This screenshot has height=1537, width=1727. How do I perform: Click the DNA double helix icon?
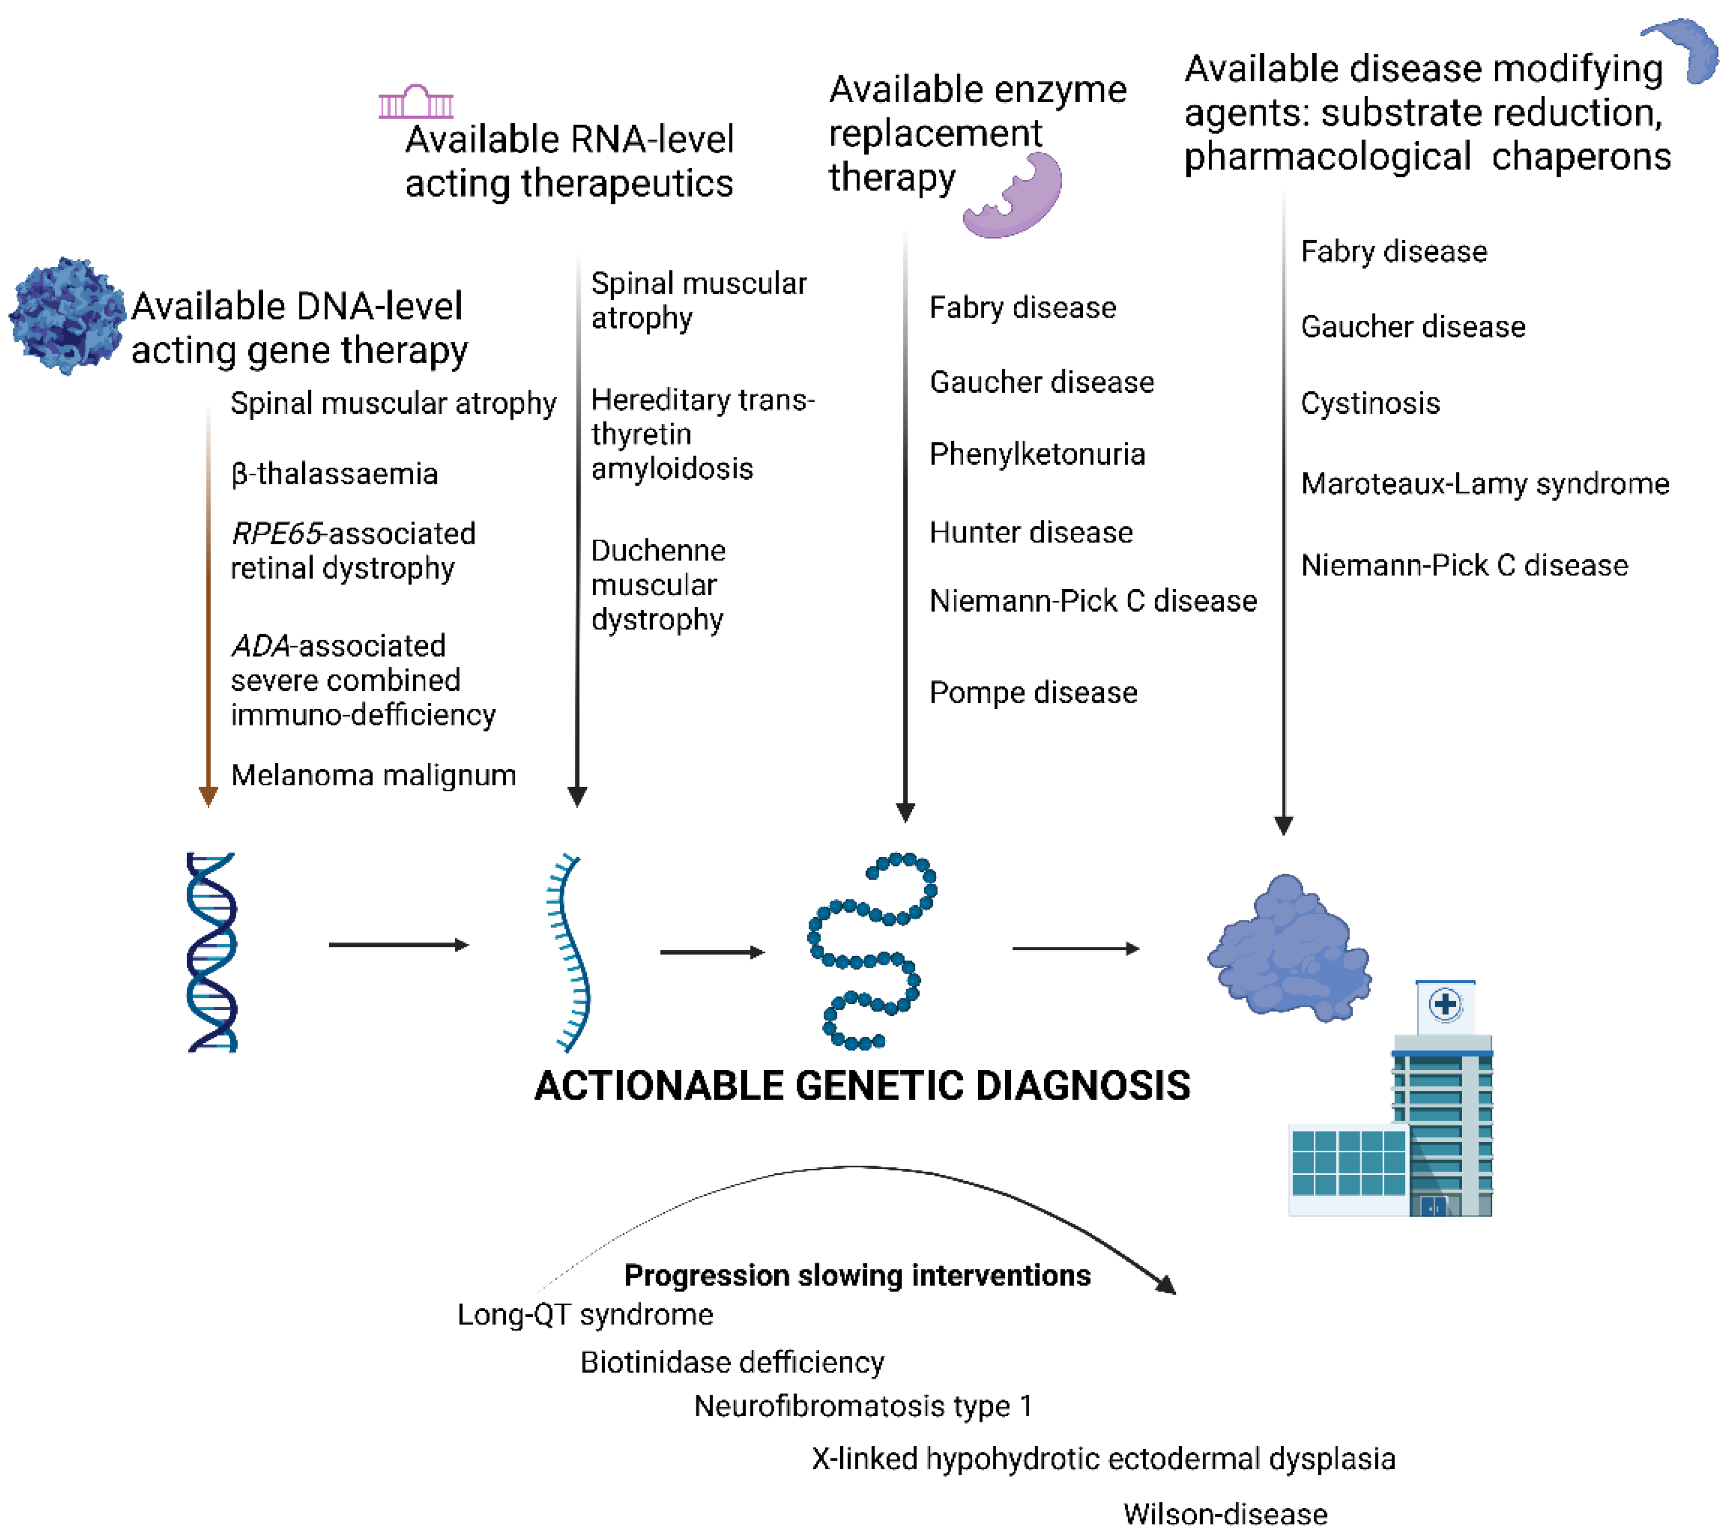pos(211,952)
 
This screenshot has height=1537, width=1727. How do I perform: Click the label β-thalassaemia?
pos(335,474)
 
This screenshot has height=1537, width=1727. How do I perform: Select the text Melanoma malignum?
pos(373,775)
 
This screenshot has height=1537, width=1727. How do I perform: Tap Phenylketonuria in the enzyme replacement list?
pos(1037,454)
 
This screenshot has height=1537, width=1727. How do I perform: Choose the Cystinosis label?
pos(1370,403)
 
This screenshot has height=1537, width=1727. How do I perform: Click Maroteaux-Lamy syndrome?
pos(1485,484)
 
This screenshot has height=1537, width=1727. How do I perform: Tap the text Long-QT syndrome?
pos(585,1315)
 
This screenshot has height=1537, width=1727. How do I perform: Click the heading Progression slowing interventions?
pos(857,1275)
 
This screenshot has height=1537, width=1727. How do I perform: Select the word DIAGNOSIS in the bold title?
pos(1082,1086)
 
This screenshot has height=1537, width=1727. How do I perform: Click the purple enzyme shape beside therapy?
pos(1018,198)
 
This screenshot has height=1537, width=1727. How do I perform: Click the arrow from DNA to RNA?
pos(398,945)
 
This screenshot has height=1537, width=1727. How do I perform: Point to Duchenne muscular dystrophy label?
pos(657,585)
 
